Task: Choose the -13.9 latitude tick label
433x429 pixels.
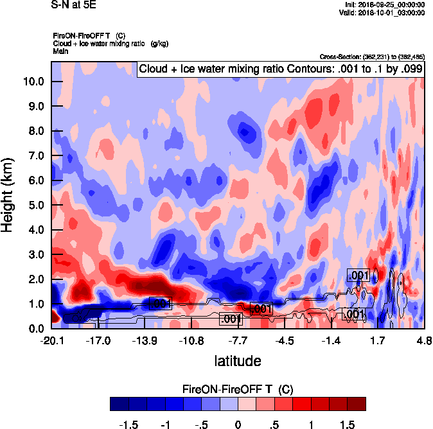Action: click(x=145, y=340)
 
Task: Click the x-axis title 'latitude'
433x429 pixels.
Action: click(x=238, y=360)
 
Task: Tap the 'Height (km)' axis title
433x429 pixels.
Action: click(x=9, y=195)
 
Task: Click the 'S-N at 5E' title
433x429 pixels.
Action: click(x=73, y=5)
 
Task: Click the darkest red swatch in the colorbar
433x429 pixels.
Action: click(x=357, y=403)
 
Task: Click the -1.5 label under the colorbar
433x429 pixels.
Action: click(x=130, y=425)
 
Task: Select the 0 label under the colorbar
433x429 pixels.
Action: click(x=238, y=425)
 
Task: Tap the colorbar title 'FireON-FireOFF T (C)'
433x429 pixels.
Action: click(x=238, y=389)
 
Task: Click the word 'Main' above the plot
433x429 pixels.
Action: click(x=60, y=51)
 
